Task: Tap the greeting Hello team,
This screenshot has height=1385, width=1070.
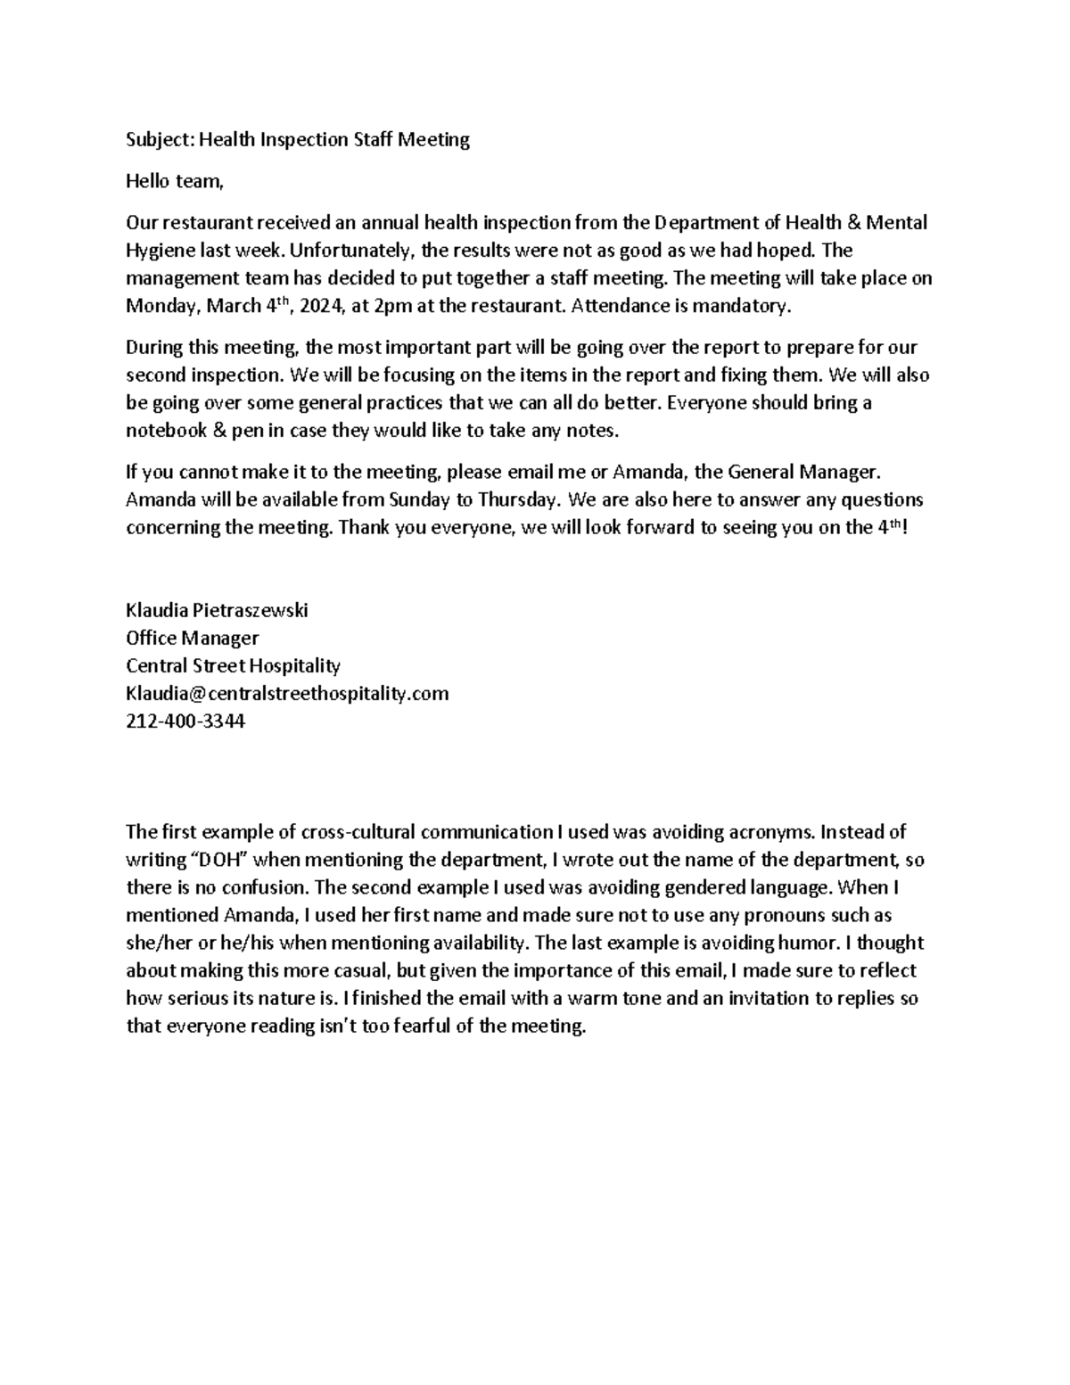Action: pyautogui.click(x=173, y=181)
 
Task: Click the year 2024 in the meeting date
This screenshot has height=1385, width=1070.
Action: pyautogui.click(x=319, y=306)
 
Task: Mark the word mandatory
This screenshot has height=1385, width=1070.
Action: pyautogui.click(x=747, y=306)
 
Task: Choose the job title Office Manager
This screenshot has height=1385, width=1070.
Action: pyautogui.click(x=193, y=638)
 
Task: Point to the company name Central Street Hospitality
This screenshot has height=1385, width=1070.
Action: pyautogui.click(x=234, y=665)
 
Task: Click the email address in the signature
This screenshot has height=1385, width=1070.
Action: pyautogui.click(x=287, y=693)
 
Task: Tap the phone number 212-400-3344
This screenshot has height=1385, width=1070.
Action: pyautogui.click(x=185, y=721)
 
